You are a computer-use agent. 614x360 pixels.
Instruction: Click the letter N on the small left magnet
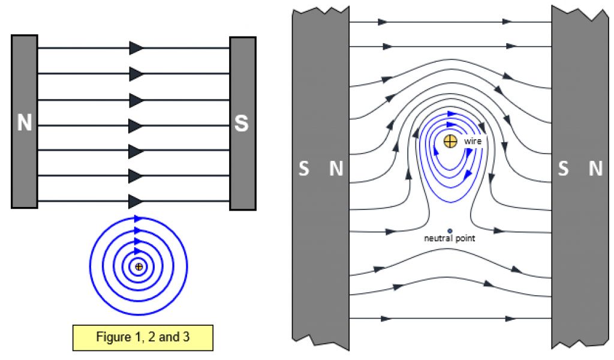tap(24, 123)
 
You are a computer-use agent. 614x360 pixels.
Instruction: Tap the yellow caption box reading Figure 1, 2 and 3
tap(143, 337)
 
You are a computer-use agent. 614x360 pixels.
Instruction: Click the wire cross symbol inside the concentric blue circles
tap(139, 266)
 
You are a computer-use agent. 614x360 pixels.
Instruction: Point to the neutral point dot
tap(450, 230)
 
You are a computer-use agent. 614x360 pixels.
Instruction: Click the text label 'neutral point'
tap(450, 238)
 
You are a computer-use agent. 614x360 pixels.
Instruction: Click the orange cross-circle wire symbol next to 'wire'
tap(450, 141)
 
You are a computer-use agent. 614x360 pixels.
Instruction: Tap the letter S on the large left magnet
tap(304, 170)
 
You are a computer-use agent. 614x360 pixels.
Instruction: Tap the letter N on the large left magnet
tap(336, 170)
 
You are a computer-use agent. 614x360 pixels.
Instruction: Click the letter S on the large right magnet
tap(563, 170)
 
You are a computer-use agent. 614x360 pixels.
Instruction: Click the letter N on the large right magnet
tap(595, 170)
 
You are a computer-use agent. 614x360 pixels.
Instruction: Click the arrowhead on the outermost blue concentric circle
tap(138, 218)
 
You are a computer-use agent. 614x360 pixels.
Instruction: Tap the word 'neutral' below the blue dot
tap(437, 238)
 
